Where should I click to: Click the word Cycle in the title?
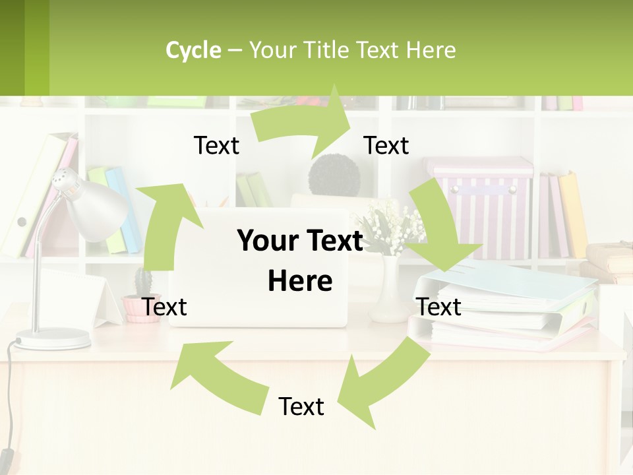pyautogui.click(x=193, y=50)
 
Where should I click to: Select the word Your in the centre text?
pyautogui.click(x=266, y=241)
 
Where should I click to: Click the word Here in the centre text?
pyautogui.click(x=300, y=281)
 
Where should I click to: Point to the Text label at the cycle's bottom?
pyautogui.click(x=301, y=406)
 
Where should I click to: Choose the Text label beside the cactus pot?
pyautogui.click(x=165, y=307)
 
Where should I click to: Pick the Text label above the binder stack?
pyautogui.click(x=439, y=307)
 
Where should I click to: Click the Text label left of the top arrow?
pyautogui.click(x=216, y=145)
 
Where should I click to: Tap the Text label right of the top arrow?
pyautogui.click(x=386, y=145)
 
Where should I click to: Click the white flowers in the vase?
pyautogui.click(x=389, y=228)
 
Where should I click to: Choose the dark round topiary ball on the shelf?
pyautogui.click(x=335, y=175)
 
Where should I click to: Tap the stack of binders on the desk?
pyautogui.click(x=508, y=310)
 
